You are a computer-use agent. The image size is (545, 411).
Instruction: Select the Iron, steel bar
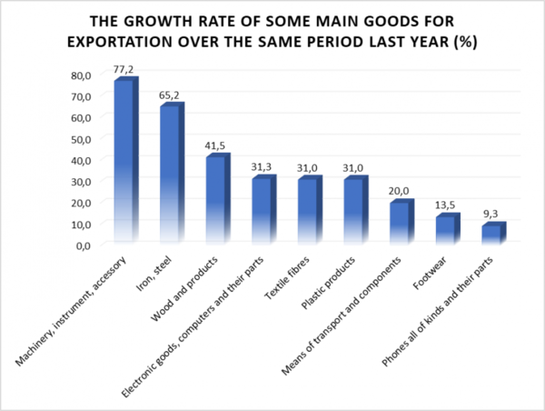(x=172, y=172)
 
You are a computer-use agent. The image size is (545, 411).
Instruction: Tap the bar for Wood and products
(x=218, y=197)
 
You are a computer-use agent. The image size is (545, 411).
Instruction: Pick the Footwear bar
(x=448, y=227)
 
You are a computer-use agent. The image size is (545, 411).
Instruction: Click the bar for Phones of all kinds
(x=494, y=232)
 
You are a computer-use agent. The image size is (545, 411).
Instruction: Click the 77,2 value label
(x=123, y=70)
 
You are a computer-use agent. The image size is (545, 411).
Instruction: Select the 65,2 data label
(x=169, y=95)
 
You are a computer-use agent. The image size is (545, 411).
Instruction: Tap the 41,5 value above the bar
(x=215, y=145)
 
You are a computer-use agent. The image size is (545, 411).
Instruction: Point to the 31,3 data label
(x=262, y=167)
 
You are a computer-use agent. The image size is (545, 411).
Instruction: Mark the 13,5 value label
(x=445, y=205)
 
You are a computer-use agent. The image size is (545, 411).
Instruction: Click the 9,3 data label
(x=490, y=214)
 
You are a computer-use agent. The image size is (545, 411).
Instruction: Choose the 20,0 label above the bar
(x=399, y=191)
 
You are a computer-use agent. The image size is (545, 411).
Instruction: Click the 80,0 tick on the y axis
(x=81, y=75)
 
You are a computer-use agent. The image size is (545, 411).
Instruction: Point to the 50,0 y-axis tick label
(x=81, y=139)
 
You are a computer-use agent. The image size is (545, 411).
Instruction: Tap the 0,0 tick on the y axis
(x=84, y=246)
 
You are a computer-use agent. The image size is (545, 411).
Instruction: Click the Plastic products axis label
(x=328, y=283)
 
